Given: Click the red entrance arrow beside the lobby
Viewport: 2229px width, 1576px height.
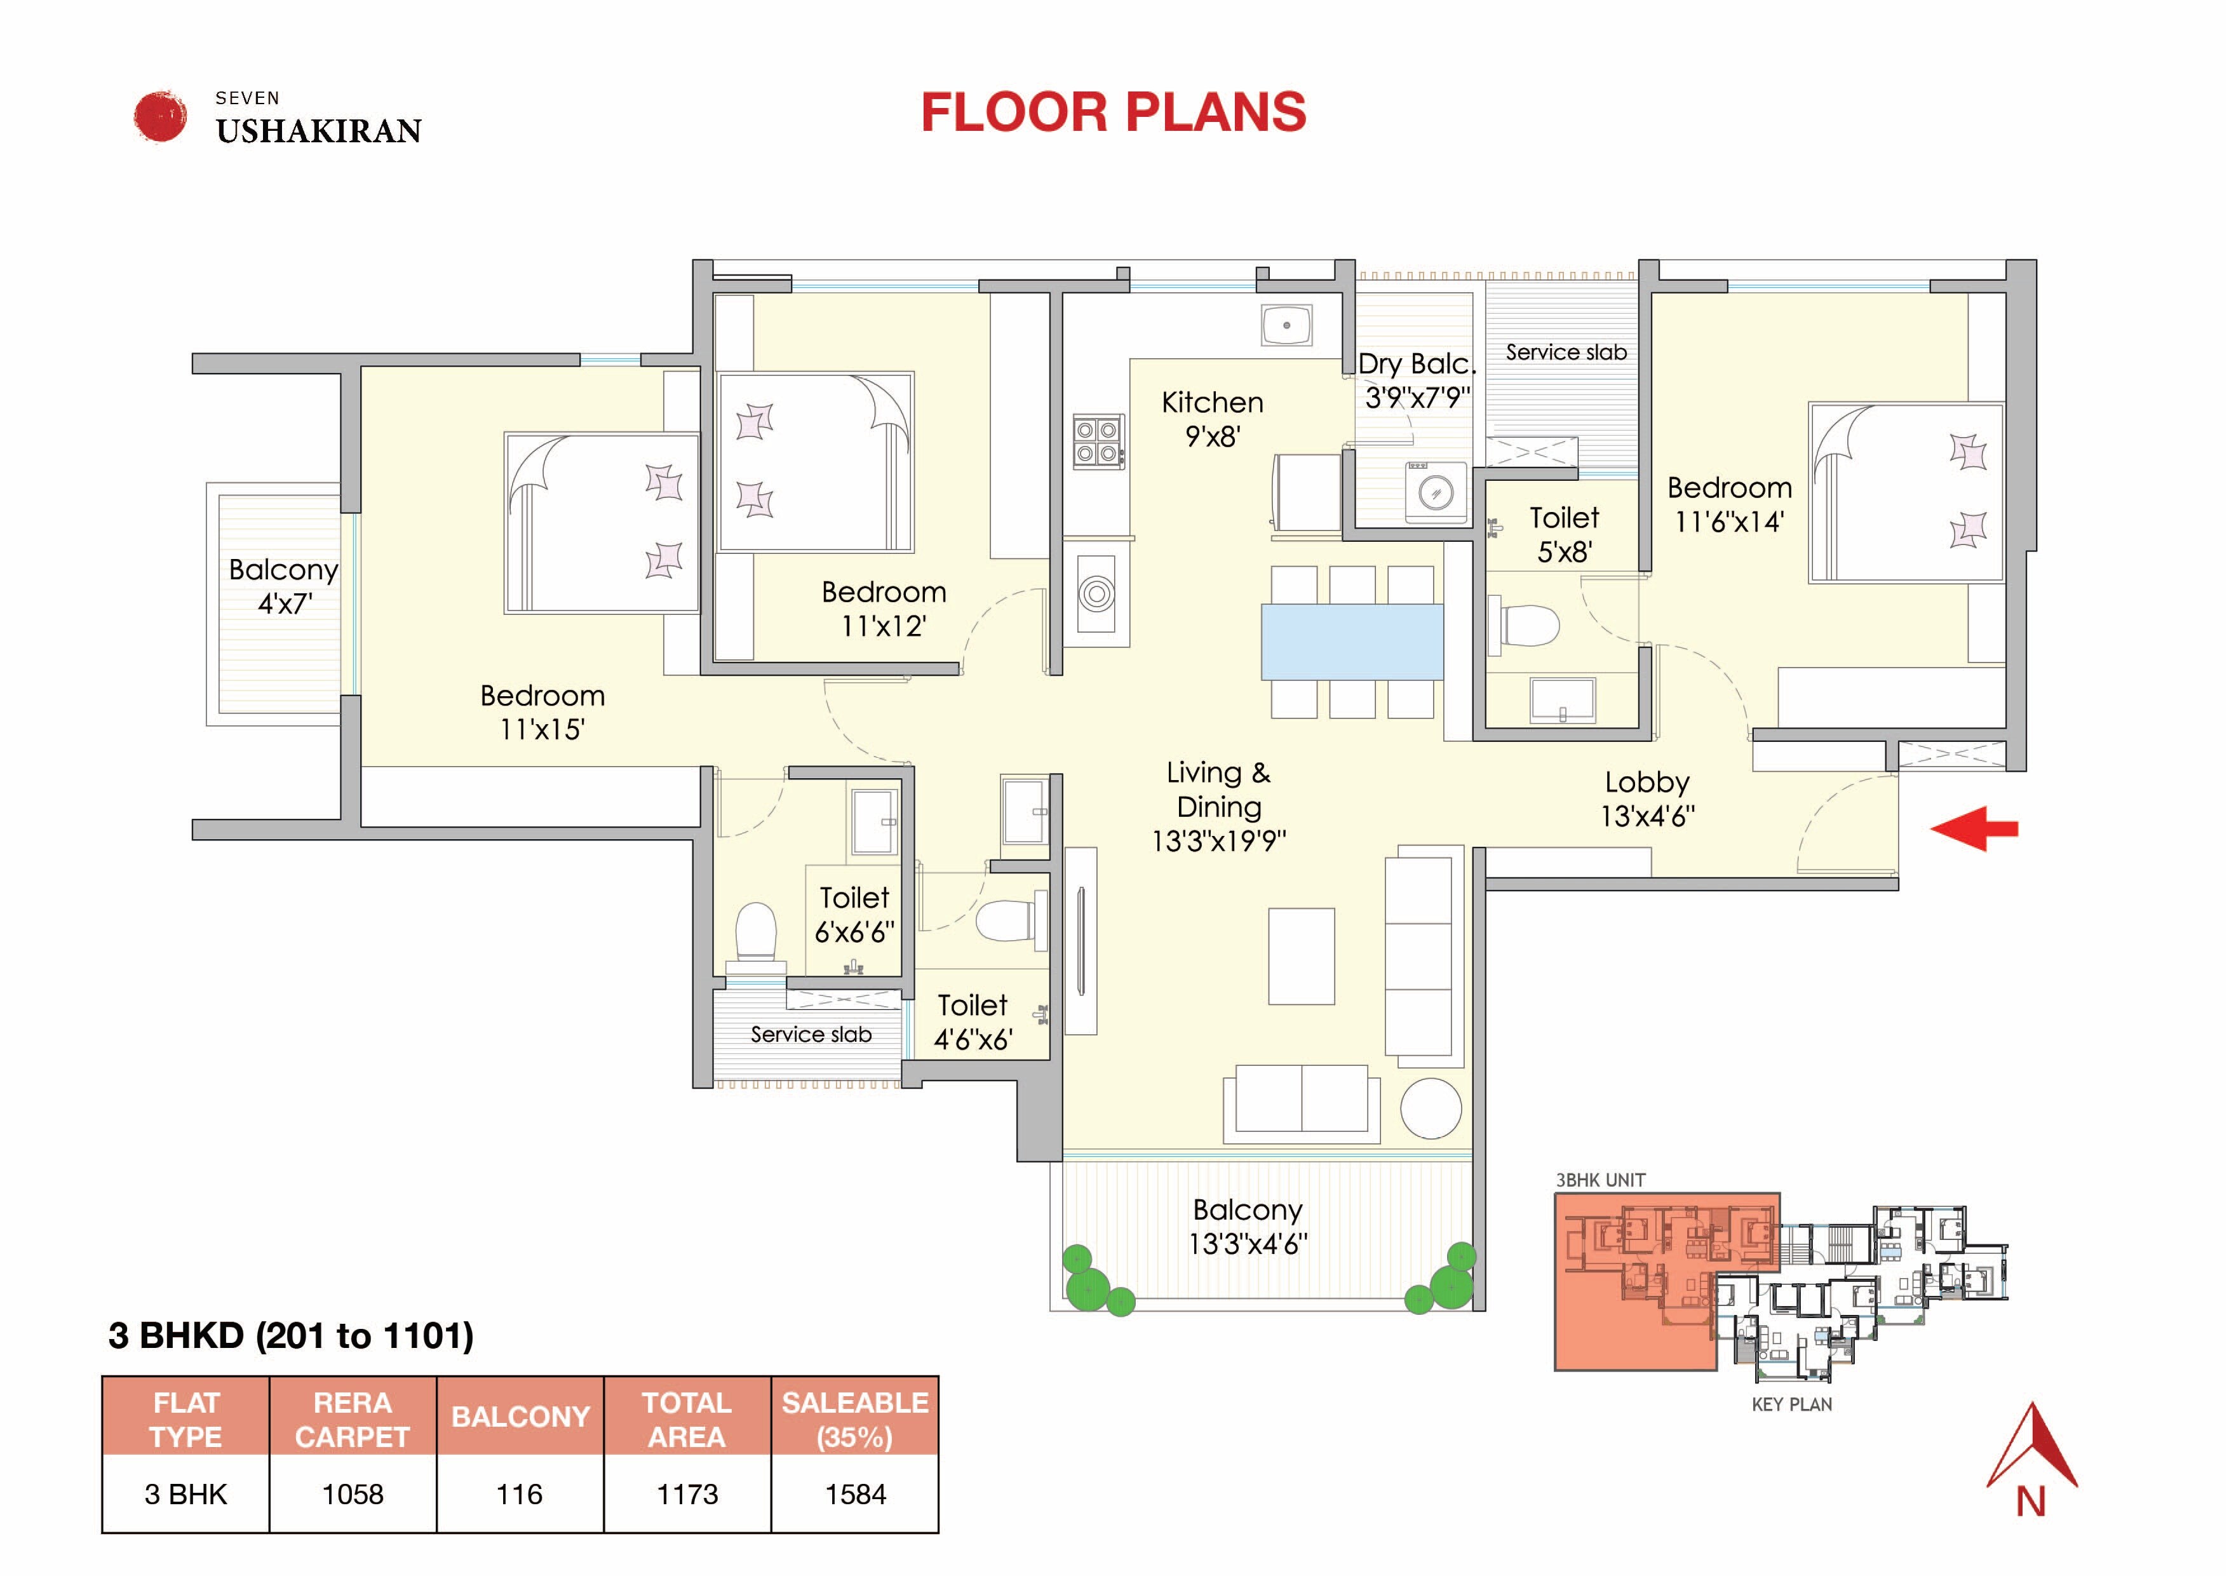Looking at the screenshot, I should pos(1975,828).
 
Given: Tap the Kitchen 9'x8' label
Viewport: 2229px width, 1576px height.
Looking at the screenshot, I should pos(1213,419).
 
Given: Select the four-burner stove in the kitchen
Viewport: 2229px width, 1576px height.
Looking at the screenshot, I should pos(1098,442).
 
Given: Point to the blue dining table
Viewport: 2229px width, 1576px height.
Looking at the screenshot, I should pos(1351,641).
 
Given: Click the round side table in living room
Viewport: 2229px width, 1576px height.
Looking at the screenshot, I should pos(1431,1108).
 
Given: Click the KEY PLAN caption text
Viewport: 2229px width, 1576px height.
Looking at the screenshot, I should pos(1791,1404).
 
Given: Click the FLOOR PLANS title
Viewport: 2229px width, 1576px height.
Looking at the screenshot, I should pos(1114,112).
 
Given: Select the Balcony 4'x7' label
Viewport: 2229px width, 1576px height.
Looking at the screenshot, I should pos(283,586).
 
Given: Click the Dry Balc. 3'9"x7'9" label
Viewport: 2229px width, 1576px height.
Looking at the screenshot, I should pos(1417,380).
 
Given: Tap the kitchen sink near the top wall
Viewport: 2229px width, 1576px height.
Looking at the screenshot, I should pos(1286,325).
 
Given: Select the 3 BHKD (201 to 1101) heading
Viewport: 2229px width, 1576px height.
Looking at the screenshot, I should pos(291,1335).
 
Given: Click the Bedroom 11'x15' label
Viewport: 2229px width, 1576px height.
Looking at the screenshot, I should pos(542,712).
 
